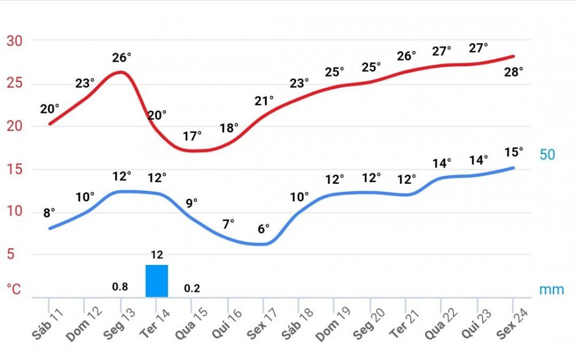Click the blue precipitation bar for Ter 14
pyautogui.click(x=157, y=281)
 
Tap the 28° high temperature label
pyautogui.click(x=513, y=72)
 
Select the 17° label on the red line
pyautogui.click(x=192, y=137)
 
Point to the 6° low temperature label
pyautogui.click(x=264, y=229)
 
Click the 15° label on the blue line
pyautogui.click(x=513, y=152)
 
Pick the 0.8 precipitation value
pyautogui.click(x=120, y=287)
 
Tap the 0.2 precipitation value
pyautogui.click(x=192, y=289)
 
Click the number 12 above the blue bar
pyautogui.click(x=157, y=255)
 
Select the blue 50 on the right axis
pyautogui.click(x=547, y=155)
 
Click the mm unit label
pyautogui.click(x=552, y=289)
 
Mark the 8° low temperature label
pyautogui.click(x=50, y=213)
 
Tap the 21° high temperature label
pyautogui.click(x=264, y=101)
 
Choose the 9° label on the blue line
pyautogui.click(x=192, y=203)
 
